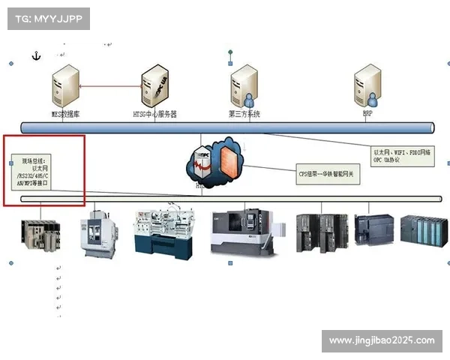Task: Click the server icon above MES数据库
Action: (66, 85)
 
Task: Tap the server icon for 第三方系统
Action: (244, 85)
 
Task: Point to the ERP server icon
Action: (367, 85)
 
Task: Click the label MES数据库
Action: (66, 115)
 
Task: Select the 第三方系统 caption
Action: (244, 115)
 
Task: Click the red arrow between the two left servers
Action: (111, 85)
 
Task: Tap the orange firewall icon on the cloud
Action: (224, 158)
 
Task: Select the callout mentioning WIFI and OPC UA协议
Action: (402, 156)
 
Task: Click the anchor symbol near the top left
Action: (34, 55)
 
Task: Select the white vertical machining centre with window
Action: (100, 232)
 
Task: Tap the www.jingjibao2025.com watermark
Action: (381, 341)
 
